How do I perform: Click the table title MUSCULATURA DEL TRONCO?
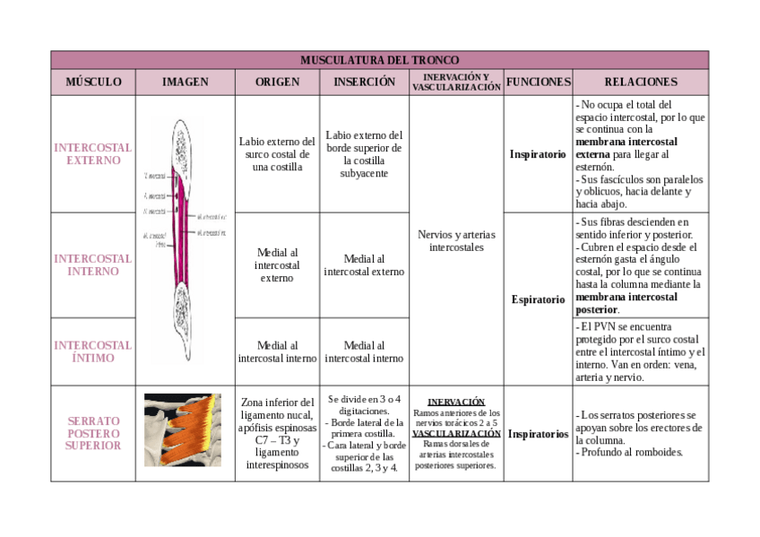point(379,60)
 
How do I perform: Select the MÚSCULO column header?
point(93,82)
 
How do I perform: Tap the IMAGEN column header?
point(185,82)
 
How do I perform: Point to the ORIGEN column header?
point(277,82)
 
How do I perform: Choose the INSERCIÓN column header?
point(364,82)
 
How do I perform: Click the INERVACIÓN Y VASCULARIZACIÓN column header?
point(456,82)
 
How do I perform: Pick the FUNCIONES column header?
point(538,82)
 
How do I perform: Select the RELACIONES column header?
point(641,82)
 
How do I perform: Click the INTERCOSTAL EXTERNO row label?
point(93,154)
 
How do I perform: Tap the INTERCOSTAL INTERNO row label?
point(93,264)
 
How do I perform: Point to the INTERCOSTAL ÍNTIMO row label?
point(93,351)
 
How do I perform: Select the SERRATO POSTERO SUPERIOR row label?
point(93,433)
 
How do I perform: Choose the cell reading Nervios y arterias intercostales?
point(456,240)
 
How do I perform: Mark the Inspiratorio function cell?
point(538,154)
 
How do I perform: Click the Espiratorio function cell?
point(538,299)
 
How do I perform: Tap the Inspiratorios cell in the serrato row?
point(538,434)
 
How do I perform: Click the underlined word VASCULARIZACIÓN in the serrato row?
point(456,433)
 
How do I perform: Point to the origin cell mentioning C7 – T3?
point(277,434)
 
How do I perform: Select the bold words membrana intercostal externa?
point(626,148)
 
